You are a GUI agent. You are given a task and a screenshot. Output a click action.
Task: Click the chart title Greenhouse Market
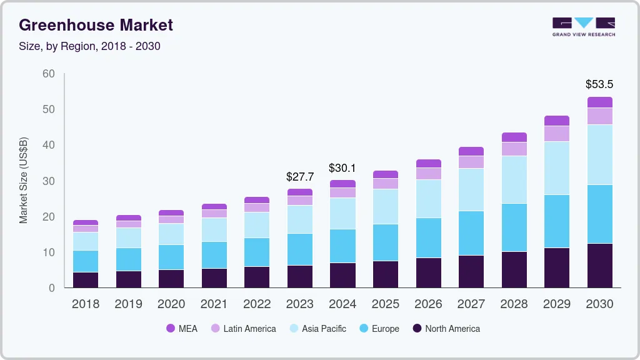96,25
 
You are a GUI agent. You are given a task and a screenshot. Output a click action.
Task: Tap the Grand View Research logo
583,26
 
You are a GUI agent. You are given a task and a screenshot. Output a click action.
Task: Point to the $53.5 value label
599,84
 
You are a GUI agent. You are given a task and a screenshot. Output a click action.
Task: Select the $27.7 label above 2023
300,177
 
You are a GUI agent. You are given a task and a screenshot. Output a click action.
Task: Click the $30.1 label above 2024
342,167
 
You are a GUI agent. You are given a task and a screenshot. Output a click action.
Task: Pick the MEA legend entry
181,329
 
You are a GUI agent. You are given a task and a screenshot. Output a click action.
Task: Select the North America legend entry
446,329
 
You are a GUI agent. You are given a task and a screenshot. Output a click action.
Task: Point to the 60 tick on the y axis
49,74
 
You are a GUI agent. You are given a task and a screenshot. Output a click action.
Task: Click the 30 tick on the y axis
49,181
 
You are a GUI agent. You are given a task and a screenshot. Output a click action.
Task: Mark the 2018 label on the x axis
85,304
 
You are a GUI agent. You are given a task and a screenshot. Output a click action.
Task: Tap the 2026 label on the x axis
428,304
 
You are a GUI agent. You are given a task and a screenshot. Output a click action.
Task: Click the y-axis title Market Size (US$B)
24,180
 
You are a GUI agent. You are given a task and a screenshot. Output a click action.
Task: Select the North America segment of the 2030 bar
600,266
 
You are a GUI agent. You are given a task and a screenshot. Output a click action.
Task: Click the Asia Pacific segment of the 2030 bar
600,154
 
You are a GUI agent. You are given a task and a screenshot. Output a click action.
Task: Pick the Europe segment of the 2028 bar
514,227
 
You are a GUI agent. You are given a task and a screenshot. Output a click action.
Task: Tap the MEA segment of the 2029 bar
557,121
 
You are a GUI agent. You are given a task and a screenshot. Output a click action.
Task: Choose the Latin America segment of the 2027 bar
471,162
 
